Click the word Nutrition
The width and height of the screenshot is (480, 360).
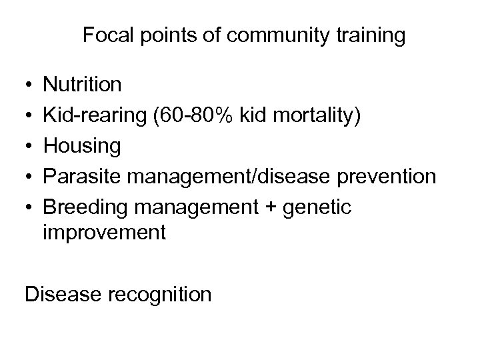point(82,85)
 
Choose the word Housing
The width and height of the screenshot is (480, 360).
point(82,147)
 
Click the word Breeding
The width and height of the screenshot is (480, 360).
point(87,207)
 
